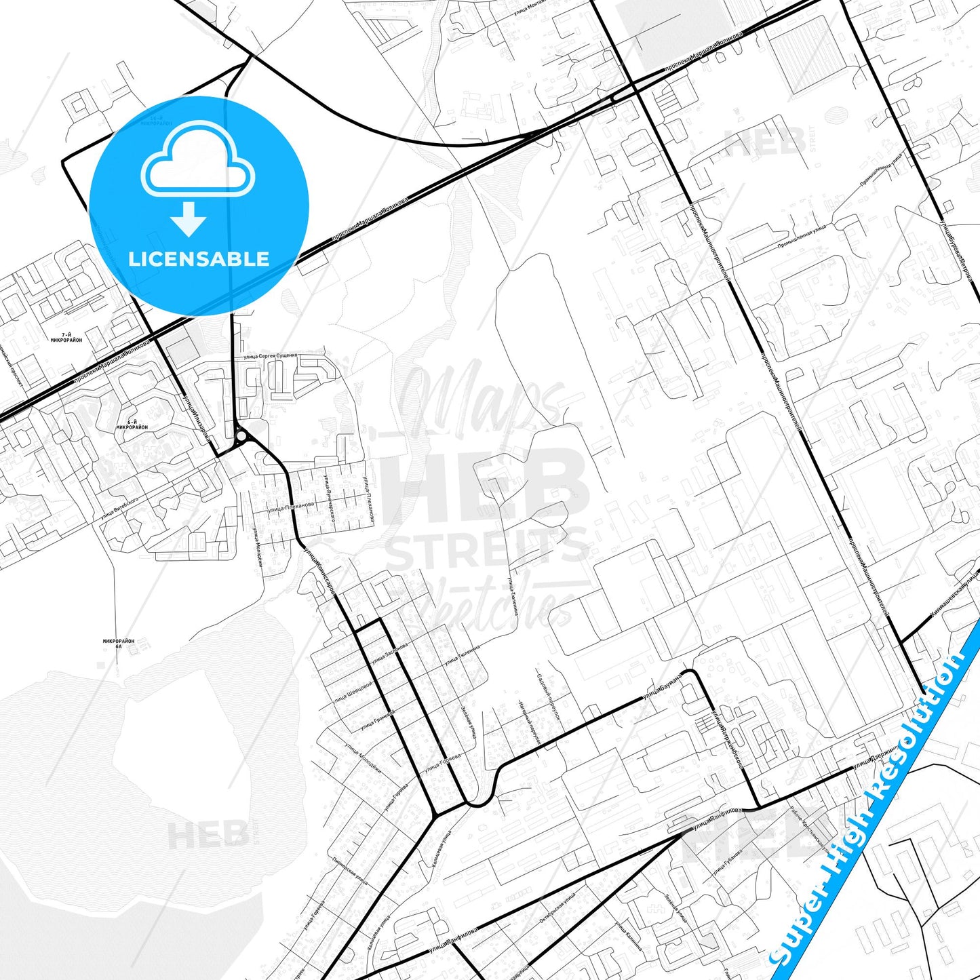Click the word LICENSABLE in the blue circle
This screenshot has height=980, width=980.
point(199,259)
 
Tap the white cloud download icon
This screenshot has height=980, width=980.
point(197,170)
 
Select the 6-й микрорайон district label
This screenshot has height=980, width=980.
point(132,425)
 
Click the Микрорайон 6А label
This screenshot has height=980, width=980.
point(119,644)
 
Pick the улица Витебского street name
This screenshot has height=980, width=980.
point(119,508)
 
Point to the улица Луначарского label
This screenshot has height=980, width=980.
point(331,498)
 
